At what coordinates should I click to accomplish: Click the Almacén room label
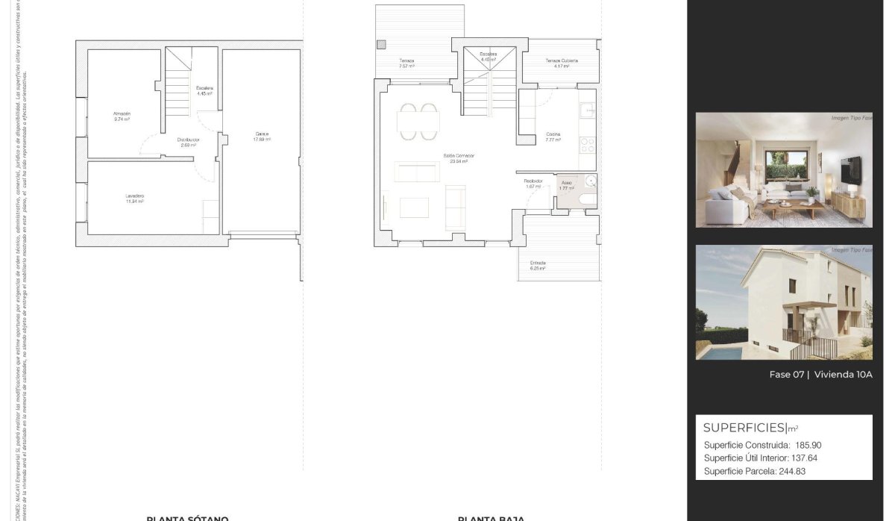[122, 113]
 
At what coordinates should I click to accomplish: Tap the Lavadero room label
[134, 196]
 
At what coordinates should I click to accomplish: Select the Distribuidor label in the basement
[188, 140]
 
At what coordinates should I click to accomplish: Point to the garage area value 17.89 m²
[261, 140]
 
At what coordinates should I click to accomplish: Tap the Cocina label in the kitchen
[553, 135]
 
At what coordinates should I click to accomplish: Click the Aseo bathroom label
[567, 183]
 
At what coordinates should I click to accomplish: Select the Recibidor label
[533, 181]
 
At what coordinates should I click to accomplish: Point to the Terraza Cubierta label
[561, 60]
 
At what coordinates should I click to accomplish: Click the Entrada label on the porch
[538, 263]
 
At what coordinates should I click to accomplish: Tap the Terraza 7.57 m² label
[406, 60]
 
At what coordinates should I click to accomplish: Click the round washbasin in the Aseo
[590, 180]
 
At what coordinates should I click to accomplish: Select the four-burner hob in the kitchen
[587, 143]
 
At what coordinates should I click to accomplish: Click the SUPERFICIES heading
[744, 428]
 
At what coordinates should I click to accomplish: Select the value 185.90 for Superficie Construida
[808, 445]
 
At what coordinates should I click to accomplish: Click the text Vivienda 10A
[843, 375]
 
